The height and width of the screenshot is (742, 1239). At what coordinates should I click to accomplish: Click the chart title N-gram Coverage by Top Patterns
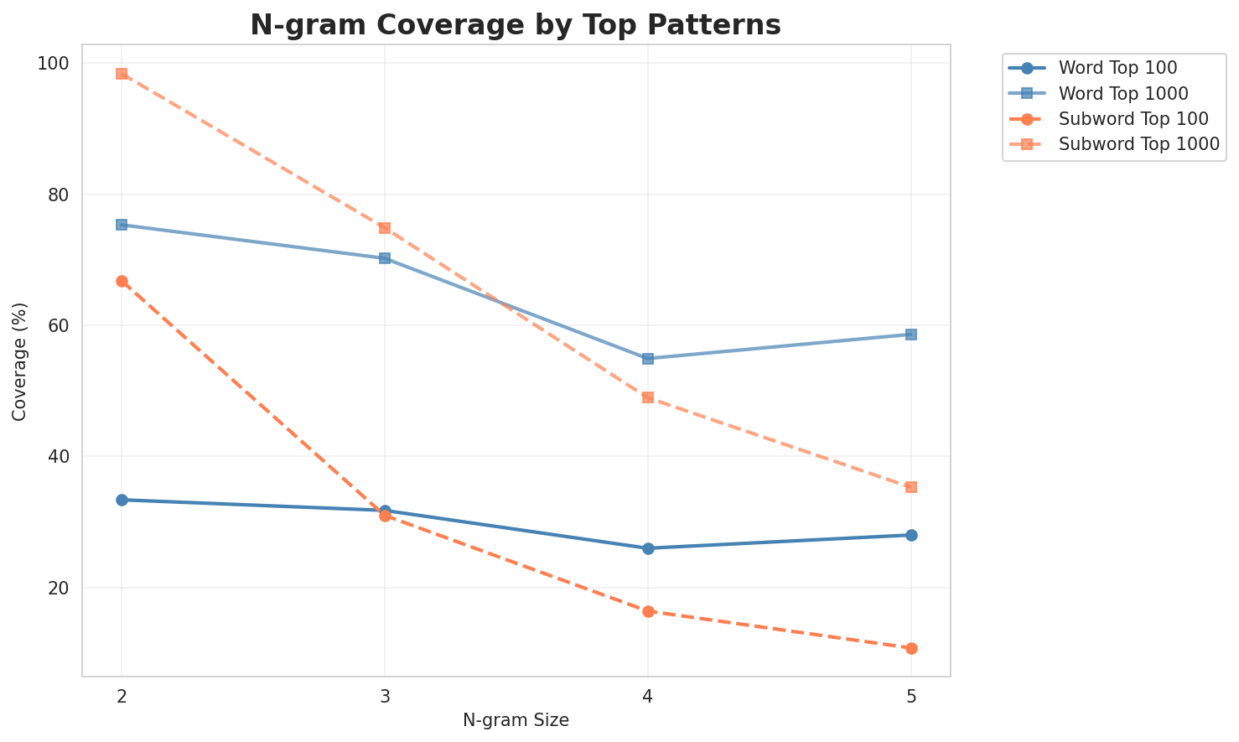(x=515, y=25)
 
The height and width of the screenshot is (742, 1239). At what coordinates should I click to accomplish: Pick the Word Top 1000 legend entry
(x=1123, y=92)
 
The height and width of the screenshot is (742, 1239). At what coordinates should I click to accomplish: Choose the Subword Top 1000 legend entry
(x=1138, y=143)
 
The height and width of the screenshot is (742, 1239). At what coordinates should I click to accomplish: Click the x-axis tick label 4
(x=648, y=697)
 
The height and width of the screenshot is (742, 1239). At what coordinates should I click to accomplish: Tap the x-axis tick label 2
(x=122, y=697)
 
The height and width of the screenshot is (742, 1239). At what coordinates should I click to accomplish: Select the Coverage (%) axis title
(x=20, y=361)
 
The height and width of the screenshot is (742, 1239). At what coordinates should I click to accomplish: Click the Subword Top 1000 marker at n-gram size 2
(x=122, y=74)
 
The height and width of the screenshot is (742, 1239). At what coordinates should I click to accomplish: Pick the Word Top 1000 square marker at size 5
(x=911, y=335)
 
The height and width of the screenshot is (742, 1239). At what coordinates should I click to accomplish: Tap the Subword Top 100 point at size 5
(x=911, y=648)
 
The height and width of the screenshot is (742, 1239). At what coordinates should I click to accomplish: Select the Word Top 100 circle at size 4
(x=648, y=548)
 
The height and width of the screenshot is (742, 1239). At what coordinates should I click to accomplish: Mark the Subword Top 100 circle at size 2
(x=122, y=281)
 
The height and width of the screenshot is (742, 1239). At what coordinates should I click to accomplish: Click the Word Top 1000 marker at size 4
(x=648, y=359)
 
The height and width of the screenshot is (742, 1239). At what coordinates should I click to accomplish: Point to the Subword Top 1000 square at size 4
(x=648, y=397)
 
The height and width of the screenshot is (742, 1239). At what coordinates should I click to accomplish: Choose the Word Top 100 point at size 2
(x=122, y=500)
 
